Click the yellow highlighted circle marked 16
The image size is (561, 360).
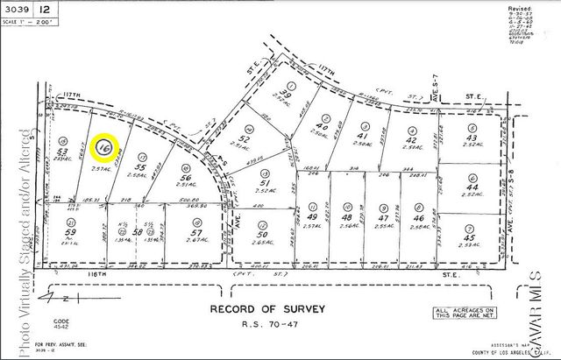coord(106,146)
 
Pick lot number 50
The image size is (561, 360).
coord(260,236)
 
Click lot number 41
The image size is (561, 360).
coord(360,138)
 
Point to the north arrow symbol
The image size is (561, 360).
coord(35,298)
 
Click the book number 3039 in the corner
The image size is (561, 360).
coord(18,9)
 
